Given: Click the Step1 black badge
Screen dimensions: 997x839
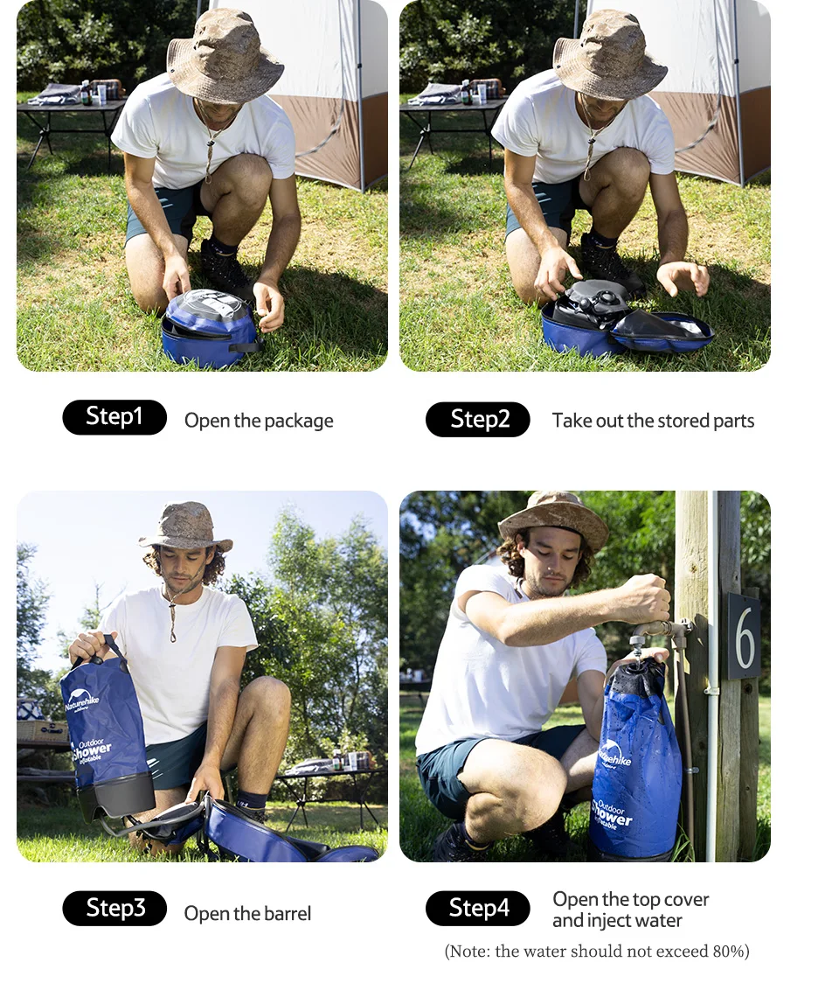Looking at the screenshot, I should click(x=114, y=417).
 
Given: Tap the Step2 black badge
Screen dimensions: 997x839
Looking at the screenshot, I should click(x=478, y=420).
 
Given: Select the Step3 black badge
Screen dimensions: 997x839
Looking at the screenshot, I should click(x=114, y=909).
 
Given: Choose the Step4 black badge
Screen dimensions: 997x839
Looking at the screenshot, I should click(x=478, y=909).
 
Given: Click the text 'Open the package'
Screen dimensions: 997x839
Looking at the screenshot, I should click(x=259, y=421).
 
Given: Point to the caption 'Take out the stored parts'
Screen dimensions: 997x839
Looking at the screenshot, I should click(x=653, y=421).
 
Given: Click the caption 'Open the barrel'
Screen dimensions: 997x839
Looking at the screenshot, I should click(x=247, y=914).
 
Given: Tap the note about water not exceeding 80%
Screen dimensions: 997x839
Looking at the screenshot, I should click(x=597, y=952).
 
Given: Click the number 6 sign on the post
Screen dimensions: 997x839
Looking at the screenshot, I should click(x=744, y=637).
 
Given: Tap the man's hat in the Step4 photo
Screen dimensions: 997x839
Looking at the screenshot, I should click(x=554, y=516).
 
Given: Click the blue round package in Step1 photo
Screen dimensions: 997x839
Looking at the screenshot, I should click(x=208, y=330).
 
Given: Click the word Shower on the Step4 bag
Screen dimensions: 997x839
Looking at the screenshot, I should click(x=612, y=817).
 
